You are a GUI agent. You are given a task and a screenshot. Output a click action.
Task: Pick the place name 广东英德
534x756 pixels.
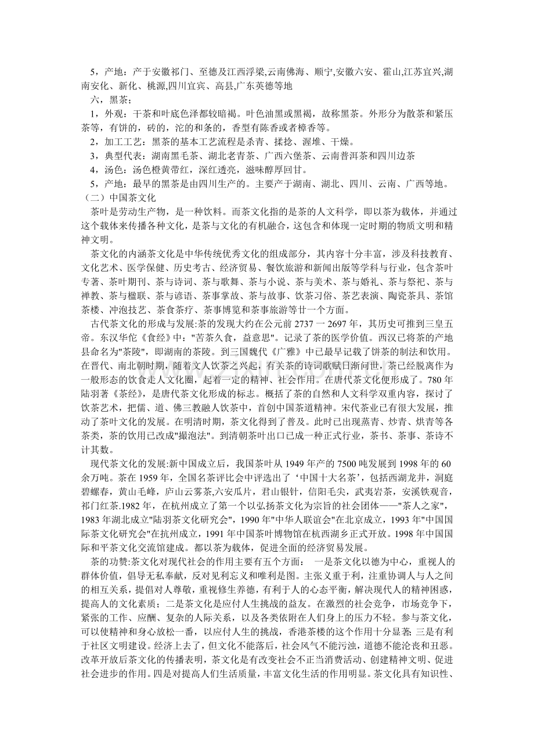259,85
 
